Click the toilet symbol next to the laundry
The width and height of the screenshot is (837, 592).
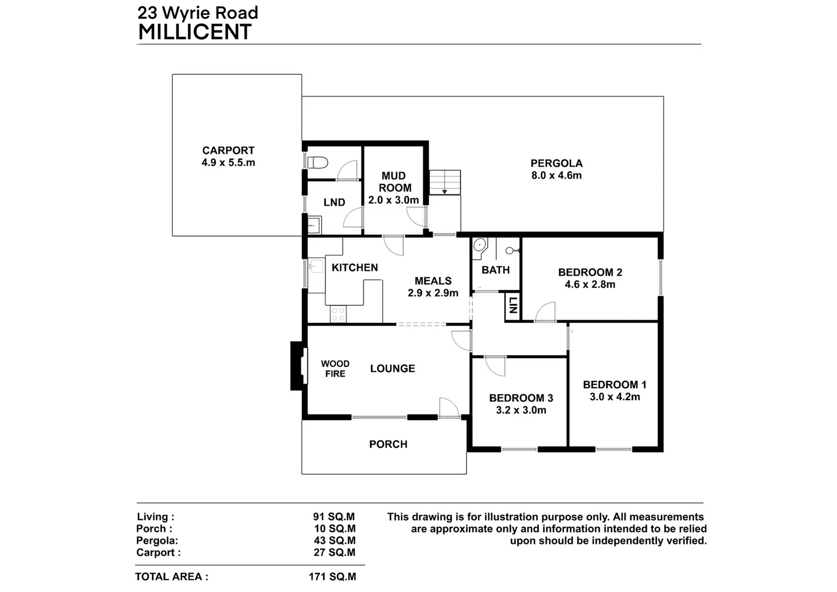click(318, 163)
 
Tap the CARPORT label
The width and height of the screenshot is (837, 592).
click(228, 150)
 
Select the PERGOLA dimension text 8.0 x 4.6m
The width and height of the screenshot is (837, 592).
click(556, 175)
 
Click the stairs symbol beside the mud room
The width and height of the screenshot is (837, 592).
click(445, 182)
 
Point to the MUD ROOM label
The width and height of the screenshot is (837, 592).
click(394, 181)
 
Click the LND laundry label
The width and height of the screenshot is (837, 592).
click(334, 202)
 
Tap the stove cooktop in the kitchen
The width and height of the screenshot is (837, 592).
click(338, 314)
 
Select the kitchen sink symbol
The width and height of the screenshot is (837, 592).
click(316, 267)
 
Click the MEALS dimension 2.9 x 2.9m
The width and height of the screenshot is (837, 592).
click(433, 293)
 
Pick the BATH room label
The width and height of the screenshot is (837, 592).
click(496, 270)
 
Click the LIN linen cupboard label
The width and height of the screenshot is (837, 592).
click(513, 305)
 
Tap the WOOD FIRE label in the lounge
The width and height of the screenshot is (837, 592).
click(335, 368)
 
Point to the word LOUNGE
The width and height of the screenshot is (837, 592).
click(392, 368)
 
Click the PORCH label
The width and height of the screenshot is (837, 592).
click(388, 444)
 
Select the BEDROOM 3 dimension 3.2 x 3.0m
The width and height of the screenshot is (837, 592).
click(521, 410)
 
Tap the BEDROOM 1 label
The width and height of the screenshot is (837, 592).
click(614, 385)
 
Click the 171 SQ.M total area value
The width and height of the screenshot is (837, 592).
click(332, 577)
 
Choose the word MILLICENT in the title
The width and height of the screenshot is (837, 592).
click(195, 32)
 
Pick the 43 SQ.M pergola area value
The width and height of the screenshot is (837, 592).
click(334, 540)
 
